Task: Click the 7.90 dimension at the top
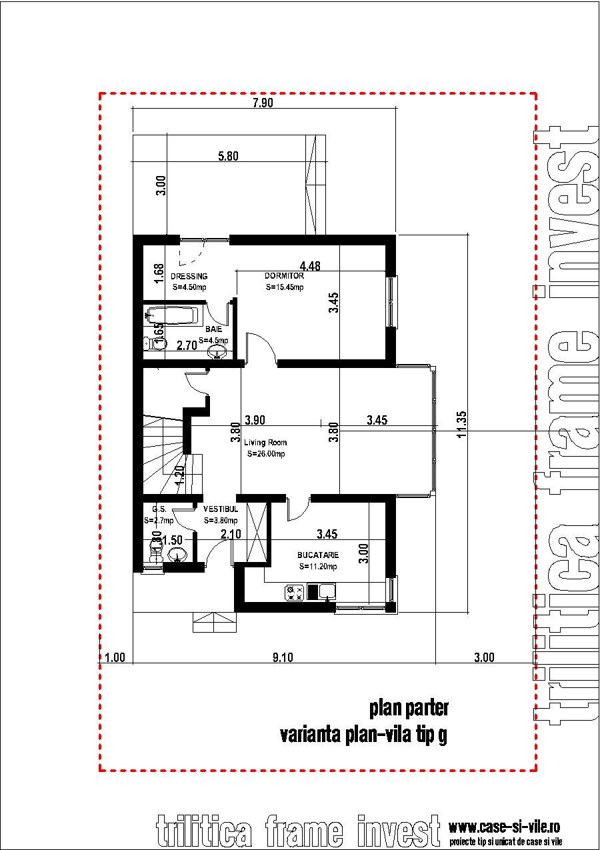264,103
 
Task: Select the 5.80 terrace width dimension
229,157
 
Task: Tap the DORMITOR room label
284,276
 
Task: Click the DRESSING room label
189,276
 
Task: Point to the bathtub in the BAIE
172,316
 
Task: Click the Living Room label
265,443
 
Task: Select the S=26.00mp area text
265,454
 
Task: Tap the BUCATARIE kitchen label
318,555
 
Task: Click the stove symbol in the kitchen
295,591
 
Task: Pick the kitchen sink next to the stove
327,591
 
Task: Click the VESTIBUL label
217,507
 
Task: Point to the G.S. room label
159,507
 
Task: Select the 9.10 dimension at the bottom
283,658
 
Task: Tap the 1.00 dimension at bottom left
115,658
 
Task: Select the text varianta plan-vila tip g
364,735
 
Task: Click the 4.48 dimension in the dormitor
310,265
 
